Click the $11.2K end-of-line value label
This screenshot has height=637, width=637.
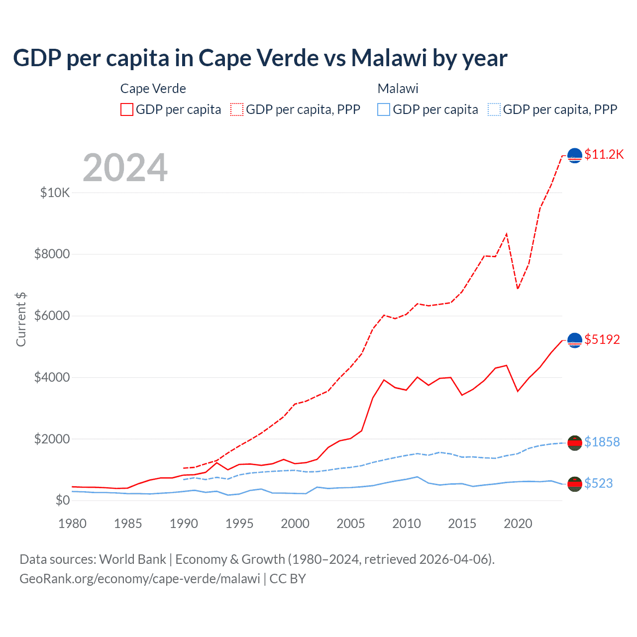604,155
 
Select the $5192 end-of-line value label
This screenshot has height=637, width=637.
602,340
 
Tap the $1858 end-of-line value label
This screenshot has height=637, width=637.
602,442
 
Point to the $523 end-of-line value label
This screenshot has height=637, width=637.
598,483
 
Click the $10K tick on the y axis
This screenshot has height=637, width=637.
55,193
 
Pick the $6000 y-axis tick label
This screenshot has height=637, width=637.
52,316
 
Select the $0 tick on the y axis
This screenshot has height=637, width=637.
62,500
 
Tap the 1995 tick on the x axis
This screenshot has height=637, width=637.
239,524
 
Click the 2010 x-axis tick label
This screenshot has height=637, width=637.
407,524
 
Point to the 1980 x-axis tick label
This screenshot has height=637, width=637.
73,524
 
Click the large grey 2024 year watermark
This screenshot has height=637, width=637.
125,168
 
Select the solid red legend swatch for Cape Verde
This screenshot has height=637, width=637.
127,109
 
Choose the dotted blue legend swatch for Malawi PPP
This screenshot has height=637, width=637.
494,109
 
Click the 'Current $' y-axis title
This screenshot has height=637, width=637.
21,319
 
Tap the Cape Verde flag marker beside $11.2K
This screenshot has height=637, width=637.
575,156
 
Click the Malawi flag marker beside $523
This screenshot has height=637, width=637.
575,484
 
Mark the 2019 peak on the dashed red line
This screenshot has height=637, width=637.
507,233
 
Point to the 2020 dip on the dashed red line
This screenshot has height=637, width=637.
518,288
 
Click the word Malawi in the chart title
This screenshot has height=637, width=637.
389,58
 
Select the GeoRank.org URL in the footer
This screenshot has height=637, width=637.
140,579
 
